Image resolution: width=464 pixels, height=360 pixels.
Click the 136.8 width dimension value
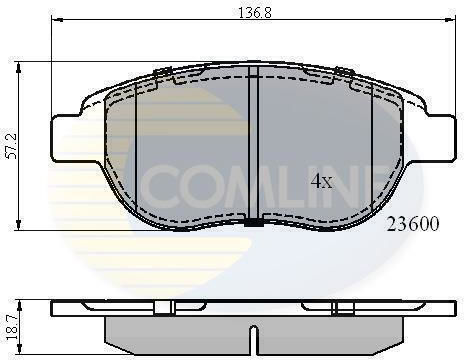255,13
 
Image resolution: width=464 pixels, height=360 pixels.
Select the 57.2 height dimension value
13,146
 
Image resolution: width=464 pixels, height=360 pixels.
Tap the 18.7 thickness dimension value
13,328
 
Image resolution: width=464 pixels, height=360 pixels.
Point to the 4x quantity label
321,181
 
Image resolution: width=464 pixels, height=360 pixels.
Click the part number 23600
413,224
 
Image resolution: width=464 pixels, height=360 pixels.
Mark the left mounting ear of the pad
67,138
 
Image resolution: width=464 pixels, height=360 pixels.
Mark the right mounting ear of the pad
439,138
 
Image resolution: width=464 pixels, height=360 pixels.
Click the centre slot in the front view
254,143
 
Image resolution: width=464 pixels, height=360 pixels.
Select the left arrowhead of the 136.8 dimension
57,20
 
